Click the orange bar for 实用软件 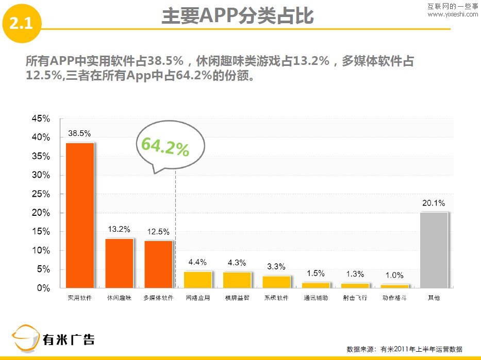coord(79,215)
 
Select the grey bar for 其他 coord(434,250)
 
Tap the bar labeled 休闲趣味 coord(119,263)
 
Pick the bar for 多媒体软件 coord(158,264)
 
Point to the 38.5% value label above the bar coord(79,133)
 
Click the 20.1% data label coord(434,203)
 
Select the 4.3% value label coord(237,263)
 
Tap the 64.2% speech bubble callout coord(164,147)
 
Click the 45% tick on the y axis coord(41,119)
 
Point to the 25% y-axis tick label coord(41,194)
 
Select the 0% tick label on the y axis coord(44,288)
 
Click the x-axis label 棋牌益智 coord(237,298)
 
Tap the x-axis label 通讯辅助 coord(316,298)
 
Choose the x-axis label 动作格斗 coord(394,298)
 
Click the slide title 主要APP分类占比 coord(237,16)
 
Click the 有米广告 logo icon coord(26,338)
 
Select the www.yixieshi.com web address coord(453,14)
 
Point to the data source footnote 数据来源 coord(404,349)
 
